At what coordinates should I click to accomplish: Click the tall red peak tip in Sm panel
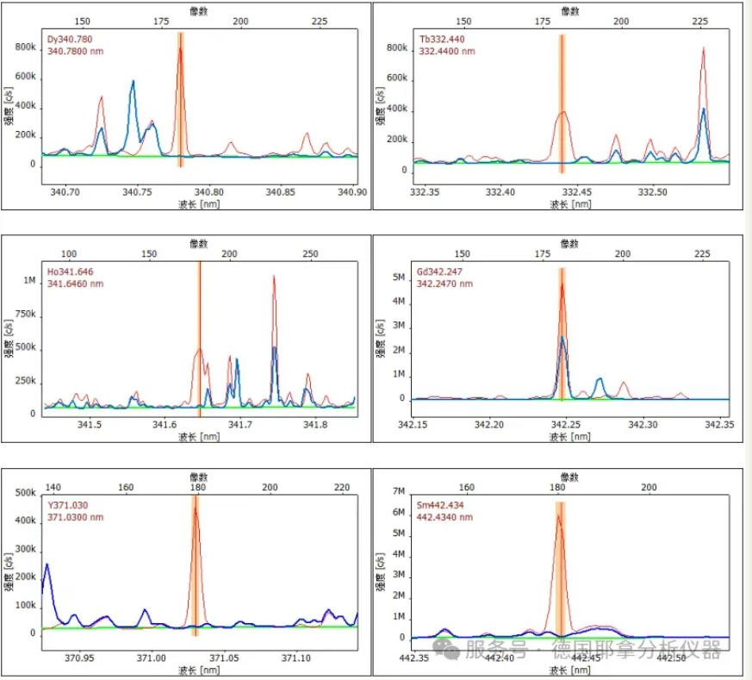(x=558, y=515)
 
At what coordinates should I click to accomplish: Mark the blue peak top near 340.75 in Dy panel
(x=133, y=81)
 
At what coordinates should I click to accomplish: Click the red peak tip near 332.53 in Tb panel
(x=703, y=48)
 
